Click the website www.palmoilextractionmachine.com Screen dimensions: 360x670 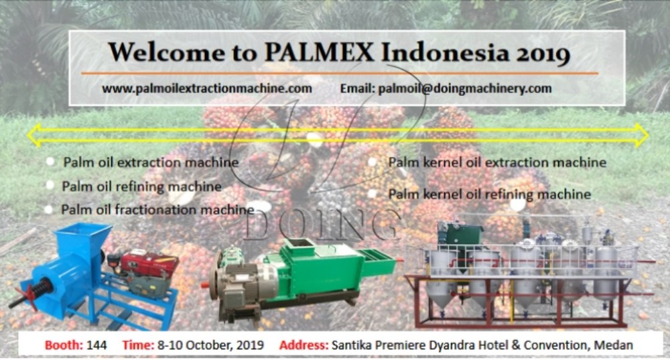click(207, 88)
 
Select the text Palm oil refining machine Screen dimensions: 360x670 click(141, 186)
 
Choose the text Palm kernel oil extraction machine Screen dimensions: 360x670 click(497, 162)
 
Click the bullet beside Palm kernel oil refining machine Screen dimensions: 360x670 click(373, 194)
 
